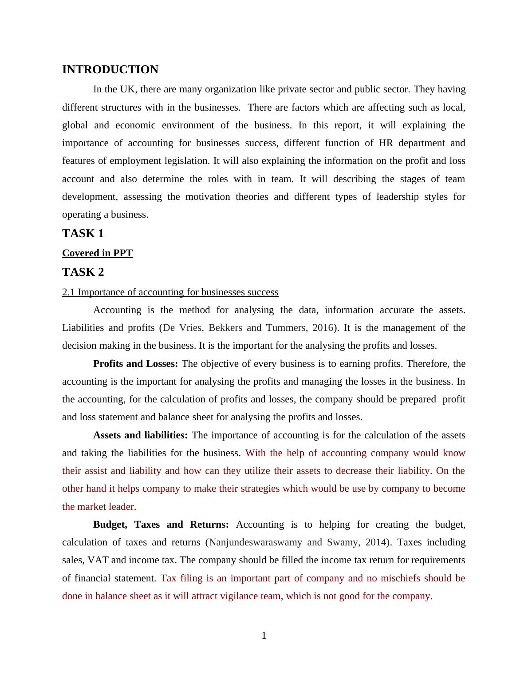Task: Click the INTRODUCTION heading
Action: click(110, 70)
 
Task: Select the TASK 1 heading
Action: click(83, 234)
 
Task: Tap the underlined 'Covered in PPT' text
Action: click(97, 253)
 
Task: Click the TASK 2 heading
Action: click(83, 272)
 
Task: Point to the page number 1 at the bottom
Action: click(264, 636)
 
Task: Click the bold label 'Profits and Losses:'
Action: click(135, 364)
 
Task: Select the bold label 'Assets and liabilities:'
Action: click(140, 435)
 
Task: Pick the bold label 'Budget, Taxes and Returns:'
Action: click(161, 525)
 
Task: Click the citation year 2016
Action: click(323, 328)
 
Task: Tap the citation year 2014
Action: click(376, 542)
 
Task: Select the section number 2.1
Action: click(68, 292)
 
